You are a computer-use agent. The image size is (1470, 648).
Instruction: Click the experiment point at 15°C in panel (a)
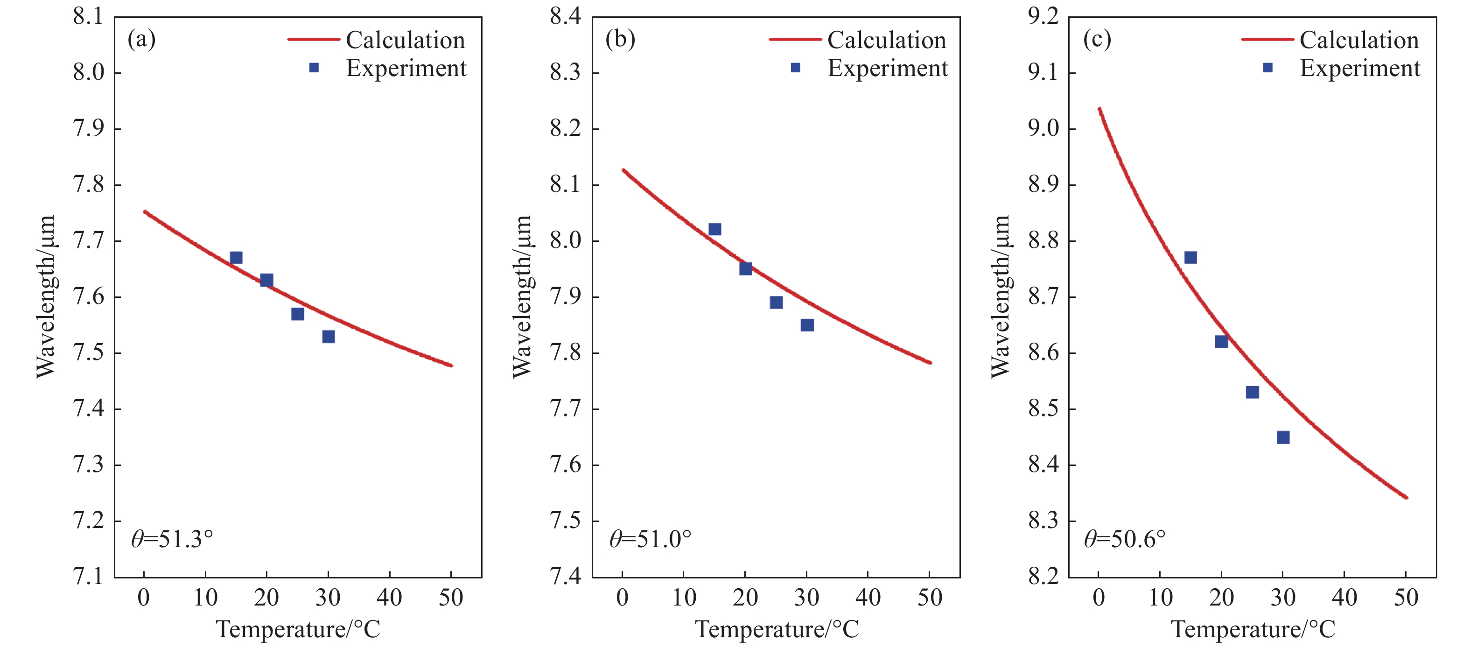point(236,258)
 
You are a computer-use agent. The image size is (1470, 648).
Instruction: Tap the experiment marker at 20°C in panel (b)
point(745,268)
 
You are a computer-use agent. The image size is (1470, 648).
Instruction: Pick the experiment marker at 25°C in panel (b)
point(776,302)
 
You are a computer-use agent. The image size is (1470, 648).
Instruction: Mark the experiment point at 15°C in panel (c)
point(1190,258)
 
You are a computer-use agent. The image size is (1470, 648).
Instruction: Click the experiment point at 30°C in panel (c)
point(1283,437)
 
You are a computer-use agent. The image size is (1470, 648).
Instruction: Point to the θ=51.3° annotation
point(172,539)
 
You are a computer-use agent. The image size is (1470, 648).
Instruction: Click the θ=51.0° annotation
point(650,539)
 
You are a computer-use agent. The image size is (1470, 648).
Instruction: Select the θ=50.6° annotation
point(1124,539)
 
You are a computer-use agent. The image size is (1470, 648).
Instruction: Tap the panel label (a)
point(141,39)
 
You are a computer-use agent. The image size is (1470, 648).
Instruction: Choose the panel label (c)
point(1097,39)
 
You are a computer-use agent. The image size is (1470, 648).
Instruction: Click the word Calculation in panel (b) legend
point(887,40)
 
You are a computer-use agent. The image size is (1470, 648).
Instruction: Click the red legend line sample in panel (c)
point(1267,39)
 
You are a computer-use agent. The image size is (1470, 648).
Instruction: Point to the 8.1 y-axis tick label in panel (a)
point(89,16)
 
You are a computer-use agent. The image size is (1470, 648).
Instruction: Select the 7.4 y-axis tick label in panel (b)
point(566,577)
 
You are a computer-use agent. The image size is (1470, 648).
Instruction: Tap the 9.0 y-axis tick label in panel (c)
point(1043,128)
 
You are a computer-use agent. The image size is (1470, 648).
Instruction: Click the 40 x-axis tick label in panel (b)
point(868,598)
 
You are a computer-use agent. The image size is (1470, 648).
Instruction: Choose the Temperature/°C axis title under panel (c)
point(1253,629)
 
